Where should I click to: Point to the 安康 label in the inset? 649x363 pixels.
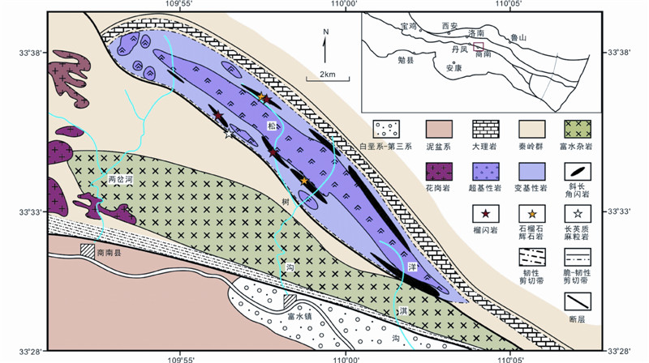[x=454, y=68]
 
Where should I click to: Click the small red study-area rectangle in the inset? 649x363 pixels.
[x=479, y=47]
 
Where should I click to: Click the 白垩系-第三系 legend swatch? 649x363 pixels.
[x=386, y=129]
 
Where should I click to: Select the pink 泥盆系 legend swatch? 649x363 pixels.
[x=436, y=129]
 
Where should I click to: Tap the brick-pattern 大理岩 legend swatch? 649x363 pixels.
[x=483, y=129]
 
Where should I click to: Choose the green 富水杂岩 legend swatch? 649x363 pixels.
[x=578, y=129]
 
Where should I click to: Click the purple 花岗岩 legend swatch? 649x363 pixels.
[x=436, y=171]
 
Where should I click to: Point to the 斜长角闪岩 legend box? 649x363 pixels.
[x=578, y=171]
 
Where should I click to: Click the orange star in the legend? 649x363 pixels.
[x=531, y=213]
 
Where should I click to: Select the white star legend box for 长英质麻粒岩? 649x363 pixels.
[x=578, y=213]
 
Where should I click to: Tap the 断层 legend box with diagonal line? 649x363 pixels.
[x=578, y=301]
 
